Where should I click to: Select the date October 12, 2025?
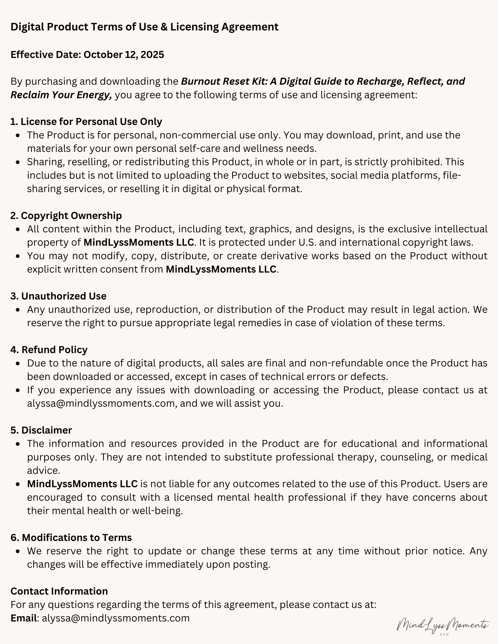coord(124,55)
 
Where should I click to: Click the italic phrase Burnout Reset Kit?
coord(224,81)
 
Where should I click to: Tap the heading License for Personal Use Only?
coord(86,121)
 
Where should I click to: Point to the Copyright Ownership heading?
coord(66,216)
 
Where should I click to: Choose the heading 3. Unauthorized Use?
coord(58,296)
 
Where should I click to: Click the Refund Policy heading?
coord(49,350)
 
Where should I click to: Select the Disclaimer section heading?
coord(41,430)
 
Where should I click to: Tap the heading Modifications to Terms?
coord(71,538)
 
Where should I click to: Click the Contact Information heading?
coord(59,591)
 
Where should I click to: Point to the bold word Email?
coord(24,618)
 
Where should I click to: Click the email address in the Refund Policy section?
coord(101,403)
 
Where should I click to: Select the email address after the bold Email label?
coord(116,618)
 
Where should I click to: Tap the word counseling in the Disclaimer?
coord(406,457)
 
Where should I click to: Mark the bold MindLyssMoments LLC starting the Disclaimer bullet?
coord(82,484)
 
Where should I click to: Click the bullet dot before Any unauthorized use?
coord(18,310)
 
